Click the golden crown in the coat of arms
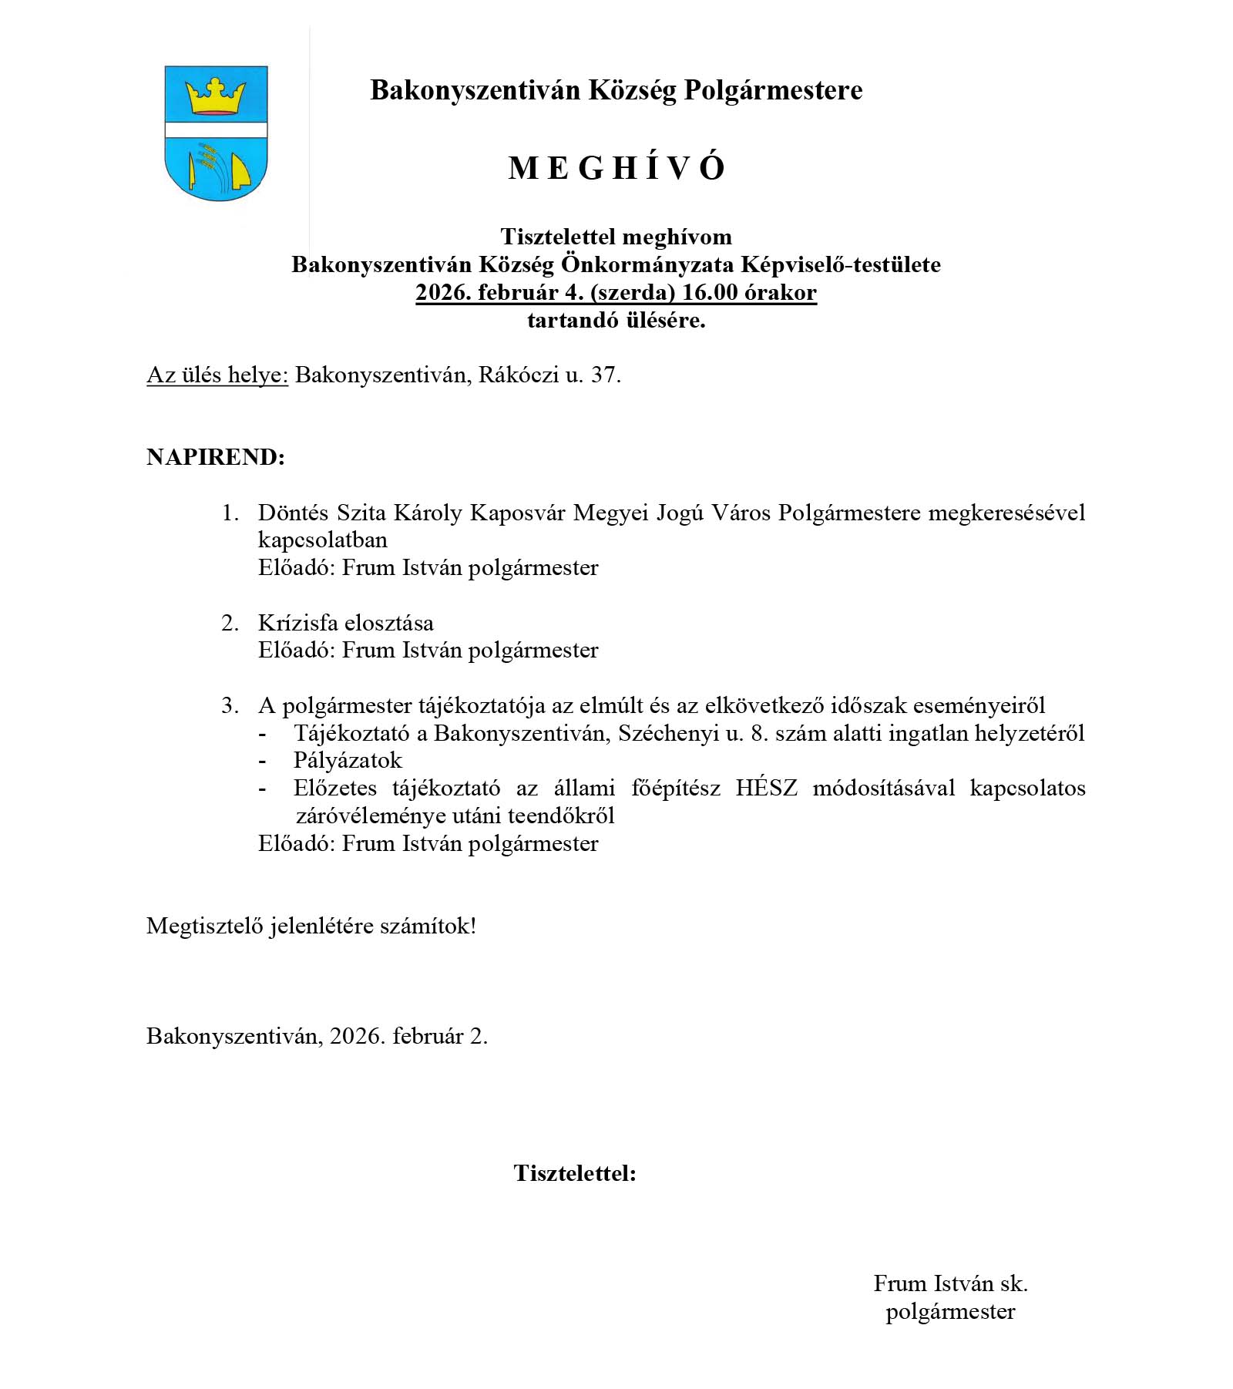coord(216,96)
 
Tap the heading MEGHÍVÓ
coord(616,168)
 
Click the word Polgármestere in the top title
coord(773,90)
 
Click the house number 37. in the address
coord(606,375)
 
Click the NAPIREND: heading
coord(216,457)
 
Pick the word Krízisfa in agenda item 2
coord(297,623)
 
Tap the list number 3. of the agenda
coord(230,705)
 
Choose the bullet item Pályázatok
coord(348,761)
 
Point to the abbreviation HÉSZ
coord(767,789)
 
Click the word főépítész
coord(676,789)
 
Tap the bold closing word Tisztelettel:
coord(575,1174)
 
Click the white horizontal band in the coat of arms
coord(216,130)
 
